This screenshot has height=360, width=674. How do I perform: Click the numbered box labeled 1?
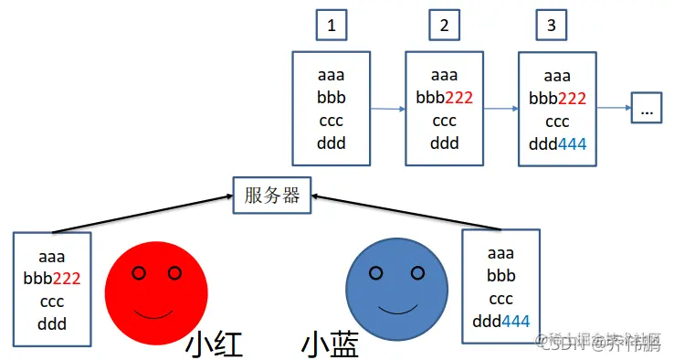(331, 26)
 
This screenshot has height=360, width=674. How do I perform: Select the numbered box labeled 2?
(444, 26)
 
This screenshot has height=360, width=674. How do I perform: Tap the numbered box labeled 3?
(551, 26)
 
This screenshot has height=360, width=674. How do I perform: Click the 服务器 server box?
(273, 194)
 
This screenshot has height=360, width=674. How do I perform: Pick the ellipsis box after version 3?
(647, 110)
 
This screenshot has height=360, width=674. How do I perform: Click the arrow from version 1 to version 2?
(388, 109)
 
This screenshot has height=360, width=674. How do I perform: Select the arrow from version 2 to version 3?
(501, 109)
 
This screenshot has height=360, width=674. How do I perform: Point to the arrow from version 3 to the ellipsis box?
(614, 109)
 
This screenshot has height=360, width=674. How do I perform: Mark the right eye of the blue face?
(416, 272)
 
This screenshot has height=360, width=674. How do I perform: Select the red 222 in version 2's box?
(458, 98)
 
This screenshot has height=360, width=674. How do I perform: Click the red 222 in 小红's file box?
(68, 278)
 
